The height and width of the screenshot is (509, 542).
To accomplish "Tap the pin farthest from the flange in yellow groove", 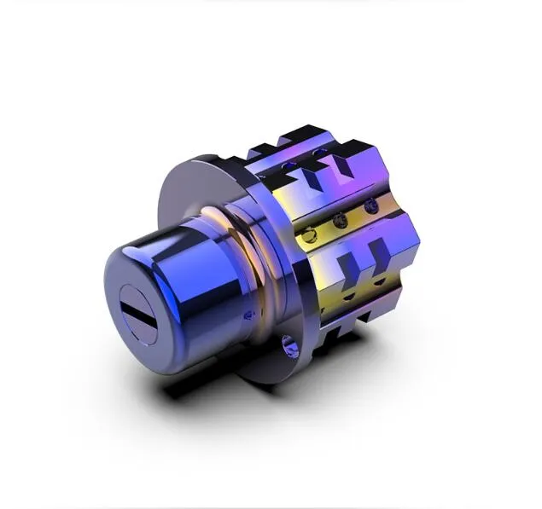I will (x=369, y=206).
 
